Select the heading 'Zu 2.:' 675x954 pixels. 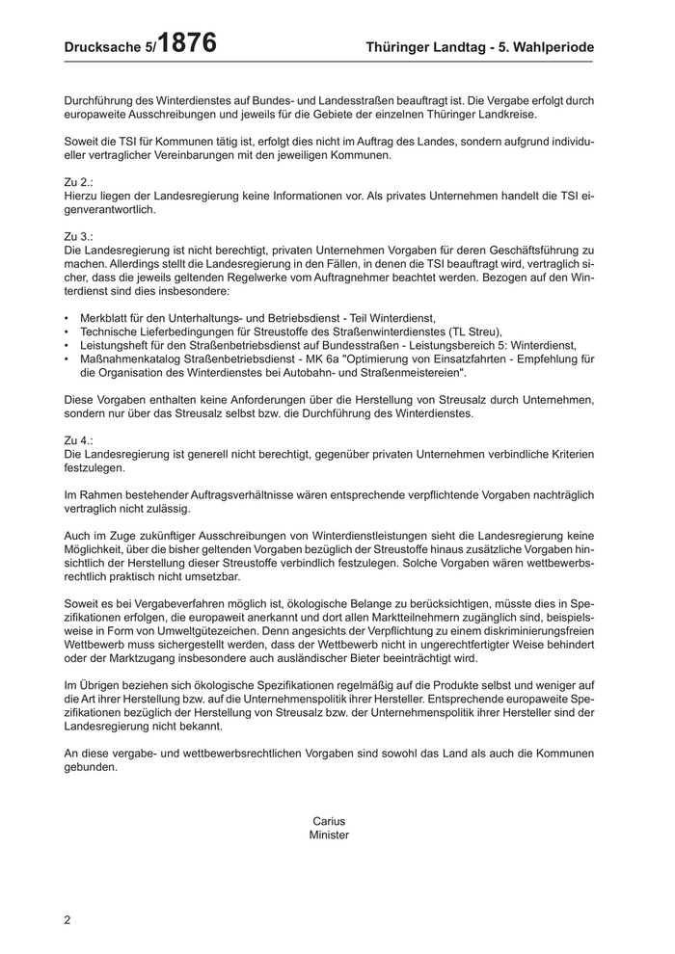pyautogui.click(x=78, y=181)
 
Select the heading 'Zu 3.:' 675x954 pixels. pyautogui.click(x=78, y=235)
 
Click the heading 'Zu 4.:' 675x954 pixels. pyautogui.click(x=78, y=439)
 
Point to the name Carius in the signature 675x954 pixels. pyautogui.click(x=329, y=821)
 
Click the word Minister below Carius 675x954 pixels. pyautogui.click(x=329, y=835)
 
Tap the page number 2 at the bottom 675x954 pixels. pyautogui.click(x=67, y=919)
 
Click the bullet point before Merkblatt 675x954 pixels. pyautogui.click(x=66, y=318)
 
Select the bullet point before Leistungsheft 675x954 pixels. pyautogui.click(x=66, y=345)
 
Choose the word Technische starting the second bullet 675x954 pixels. pyautogui.click(x=110, y=331)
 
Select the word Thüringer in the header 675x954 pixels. pyautogui.click(x=402, y=47)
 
